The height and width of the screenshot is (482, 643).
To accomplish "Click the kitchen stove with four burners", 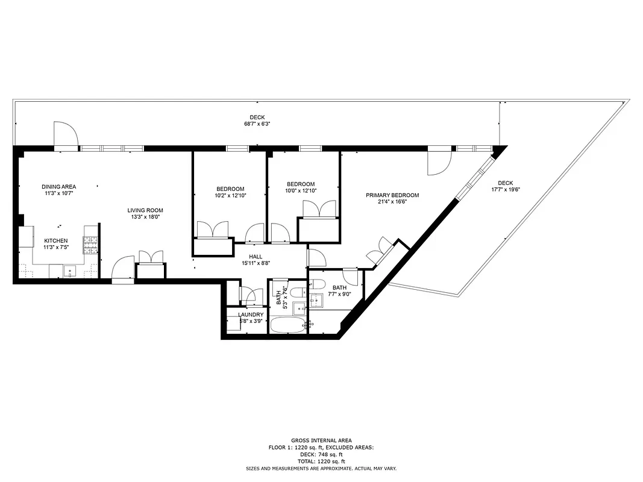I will click(90, 245).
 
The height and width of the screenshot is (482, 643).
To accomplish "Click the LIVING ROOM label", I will click(145, 210).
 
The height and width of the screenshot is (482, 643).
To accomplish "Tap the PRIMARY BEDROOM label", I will click(392, 195).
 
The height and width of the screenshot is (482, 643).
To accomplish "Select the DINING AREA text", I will click(58, 187).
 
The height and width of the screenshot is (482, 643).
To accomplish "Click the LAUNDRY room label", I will click(250, 315).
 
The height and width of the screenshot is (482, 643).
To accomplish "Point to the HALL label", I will click(255, 256).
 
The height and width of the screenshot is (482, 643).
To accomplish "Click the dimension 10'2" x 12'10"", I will click(230, 195).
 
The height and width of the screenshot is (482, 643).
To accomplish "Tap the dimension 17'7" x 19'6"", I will click(505, 189).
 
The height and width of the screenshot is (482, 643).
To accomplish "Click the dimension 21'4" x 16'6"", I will click(392, 202).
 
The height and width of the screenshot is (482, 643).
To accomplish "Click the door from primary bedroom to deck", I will click(439, 161).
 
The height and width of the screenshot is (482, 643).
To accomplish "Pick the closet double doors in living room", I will click(151, 257).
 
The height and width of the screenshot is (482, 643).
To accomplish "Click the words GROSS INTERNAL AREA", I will click(321, 440).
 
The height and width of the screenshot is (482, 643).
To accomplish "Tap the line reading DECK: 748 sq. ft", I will click(321, 454).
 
